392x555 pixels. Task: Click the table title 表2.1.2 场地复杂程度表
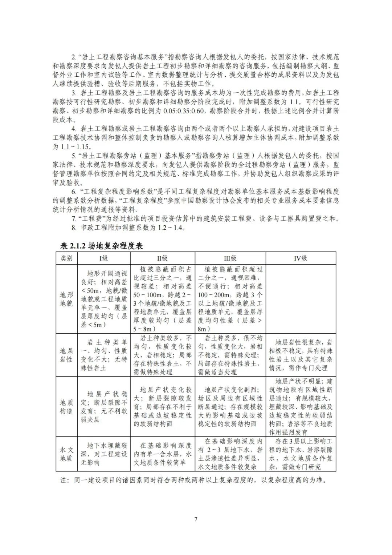click(x=102, y=246)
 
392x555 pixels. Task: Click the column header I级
click(x=104, y=258)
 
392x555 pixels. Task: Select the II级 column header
click(x=162, y=258)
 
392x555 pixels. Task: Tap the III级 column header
click(x=230, y=258)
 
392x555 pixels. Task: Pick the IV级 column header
click(x=301, y=258)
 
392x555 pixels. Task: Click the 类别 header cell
click(x=66, y=258)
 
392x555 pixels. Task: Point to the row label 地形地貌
click(x=66, y=299)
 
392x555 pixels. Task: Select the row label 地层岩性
click(x=66, y=355)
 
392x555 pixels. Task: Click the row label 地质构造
click(x=66, y=407)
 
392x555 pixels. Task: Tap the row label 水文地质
click(x=66, y=454)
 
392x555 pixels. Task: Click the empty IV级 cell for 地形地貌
click(x=301, y=299)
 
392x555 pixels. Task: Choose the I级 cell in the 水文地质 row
click(x=104, y=454)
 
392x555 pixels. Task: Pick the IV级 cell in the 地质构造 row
click(x=301, y=407)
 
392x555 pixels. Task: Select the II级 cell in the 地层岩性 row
click(x=162, y=355)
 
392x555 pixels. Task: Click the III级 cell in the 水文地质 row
click(x=230, y=454)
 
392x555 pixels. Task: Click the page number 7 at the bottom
click(x=196, y=519)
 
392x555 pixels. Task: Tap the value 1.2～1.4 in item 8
click(x=171, y=228)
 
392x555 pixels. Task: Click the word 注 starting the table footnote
click(x=64, y=480)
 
